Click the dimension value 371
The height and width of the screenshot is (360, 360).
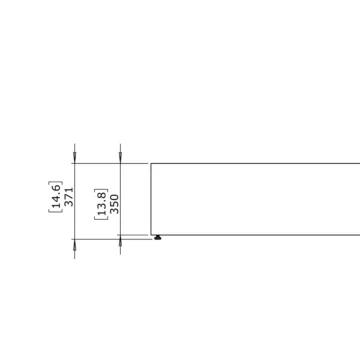point(69,195)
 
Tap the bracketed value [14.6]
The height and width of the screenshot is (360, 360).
point(56,196)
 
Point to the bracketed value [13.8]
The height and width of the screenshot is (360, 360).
point(101,203)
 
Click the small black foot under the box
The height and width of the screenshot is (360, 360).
point(158,238)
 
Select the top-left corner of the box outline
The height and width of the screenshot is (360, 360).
point(151,163)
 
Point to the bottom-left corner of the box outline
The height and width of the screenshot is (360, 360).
point(151,235)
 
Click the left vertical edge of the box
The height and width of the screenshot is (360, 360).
point(151,200)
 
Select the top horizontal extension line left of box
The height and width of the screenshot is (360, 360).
point(110,163)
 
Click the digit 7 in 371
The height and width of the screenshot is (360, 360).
point(69,195)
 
